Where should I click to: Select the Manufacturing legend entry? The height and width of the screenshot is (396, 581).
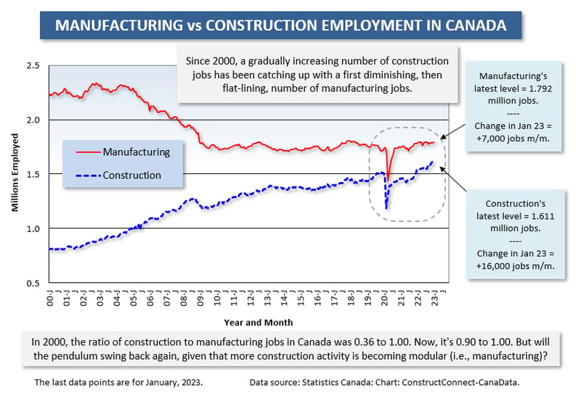pos(136,152)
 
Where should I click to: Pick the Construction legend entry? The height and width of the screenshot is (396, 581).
pos(131,175)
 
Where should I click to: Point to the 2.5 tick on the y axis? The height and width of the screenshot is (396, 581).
pos(32,65)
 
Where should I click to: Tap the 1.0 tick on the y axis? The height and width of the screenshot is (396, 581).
pos(32,228)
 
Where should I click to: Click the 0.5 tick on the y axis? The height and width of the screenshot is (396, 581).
pos(32,283)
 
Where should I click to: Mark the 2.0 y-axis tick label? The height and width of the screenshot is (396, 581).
pos(32,120)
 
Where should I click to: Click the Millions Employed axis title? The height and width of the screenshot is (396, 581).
pos(14,175)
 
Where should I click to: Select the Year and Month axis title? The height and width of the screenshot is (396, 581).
pos(249,321)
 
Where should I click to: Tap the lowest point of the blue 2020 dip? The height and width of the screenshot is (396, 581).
pos(386,209)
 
